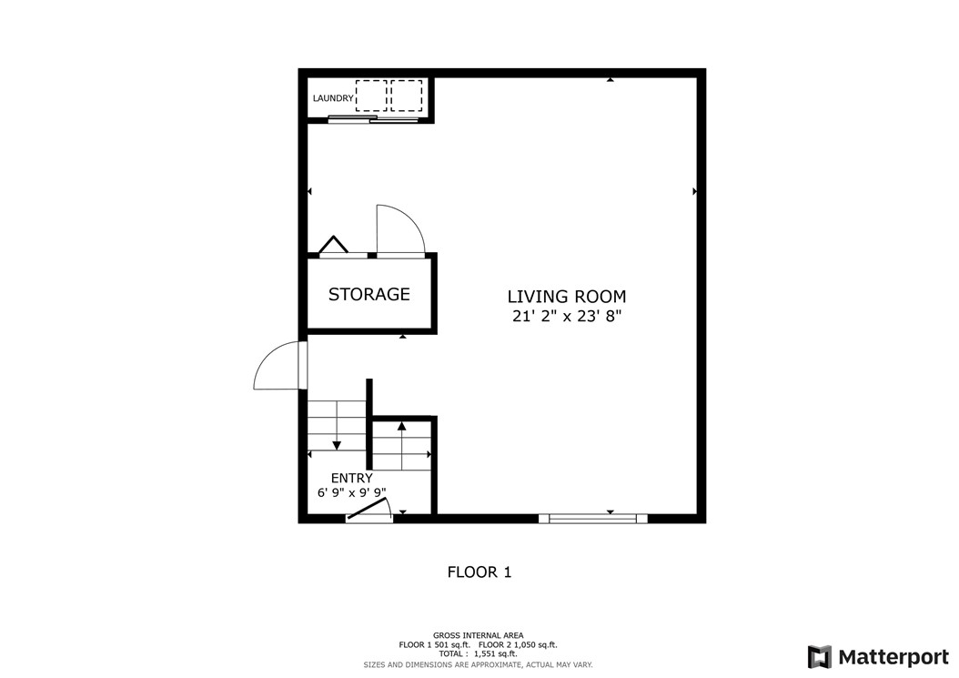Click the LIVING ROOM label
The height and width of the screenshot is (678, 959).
pyautogui.click(x=566, y=297)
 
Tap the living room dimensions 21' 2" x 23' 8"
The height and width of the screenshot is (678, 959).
pyautogui.click(x=566, y=317)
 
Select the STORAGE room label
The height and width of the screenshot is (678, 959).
pyautogui.click(x=368, y=294)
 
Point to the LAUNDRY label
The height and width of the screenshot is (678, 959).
pyautogui.click(x=333, y=98)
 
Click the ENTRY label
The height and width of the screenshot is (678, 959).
pyautogui.click(x=351, y=478)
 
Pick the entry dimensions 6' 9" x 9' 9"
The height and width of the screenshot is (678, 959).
pyautogui.click(x=351, y=493)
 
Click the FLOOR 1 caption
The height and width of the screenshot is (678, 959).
pyautogui.click(x=479, y=572)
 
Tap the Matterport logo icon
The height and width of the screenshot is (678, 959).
pyautogui.click(x=819, y=657)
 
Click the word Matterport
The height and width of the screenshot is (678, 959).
pyautogui.click(x=893, y=657)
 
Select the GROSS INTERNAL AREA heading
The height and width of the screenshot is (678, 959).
pyautogui.click(x=479, y=635)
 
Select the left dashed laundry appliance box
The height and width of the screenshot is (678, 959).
pyautogui.click(x=371, y=96)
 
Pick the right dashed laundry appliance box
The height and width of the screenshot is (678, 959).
pyautogui.click(x=407, y=96)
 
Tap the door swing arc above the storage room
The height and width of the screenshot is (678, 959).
pyautogui.click(x=400, y=229)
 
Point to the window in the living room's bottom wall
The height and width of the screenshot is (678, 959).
pyautogui.click(x=592, y=519)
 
